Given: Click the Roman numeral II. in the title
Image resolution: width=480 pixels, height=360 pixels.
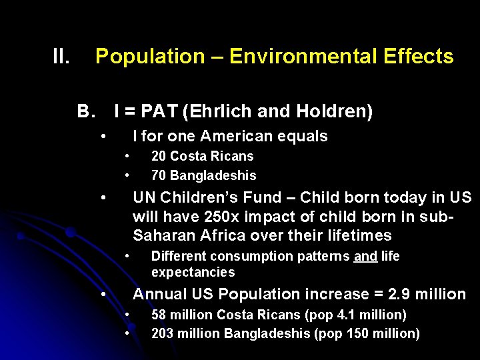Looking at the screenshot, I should [x=61, y=57].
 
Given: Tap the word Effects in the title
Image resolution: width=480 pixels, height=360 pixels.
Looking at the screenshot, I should [x=419, y=57].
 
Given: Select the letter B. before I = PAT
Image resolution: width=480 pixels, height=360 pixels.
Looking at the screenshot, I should [x=87, y=111].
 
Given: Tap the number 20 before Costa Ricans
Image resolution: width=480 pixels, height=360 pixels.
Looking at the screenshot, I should [x=159, y=157].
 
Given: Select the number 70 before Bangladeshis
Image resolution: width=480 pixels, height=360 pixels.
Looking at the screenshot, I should [x=159, y=176].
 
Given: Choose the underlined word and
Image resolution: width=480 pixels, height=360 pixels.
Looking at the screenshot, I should [x=365, y=257].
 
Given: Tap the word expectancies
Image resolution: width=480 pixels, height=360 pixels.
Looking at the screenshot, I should [x=193, y=272].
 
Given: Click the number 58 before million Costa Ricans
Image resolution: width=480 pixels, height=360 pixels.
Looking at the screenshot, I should [x=159, y=315].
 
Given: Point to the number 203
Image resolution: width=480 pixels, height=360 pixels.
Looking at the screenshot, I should [x=162, y=334].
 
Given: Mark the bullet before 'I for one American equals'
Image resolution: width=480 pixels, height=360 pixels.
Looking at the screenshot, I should [x=103, y=137].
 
